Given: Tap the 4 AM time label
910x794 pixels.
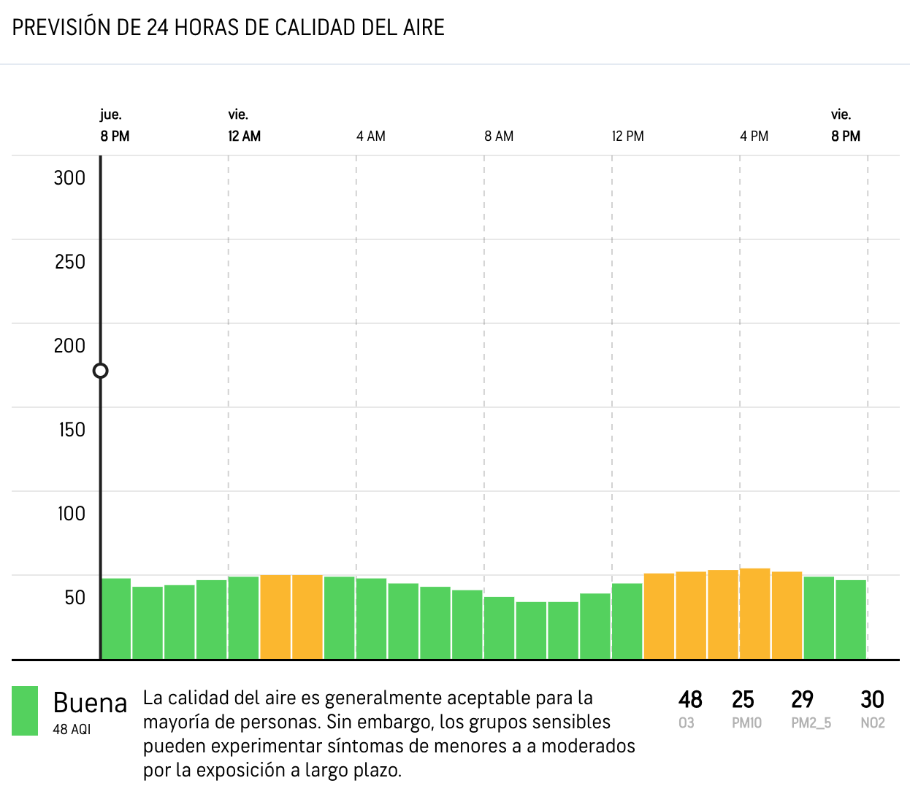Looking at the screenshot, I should (x=371, y=136).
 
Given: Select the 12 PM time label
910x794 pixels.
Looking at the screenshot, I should (x=628, y=136).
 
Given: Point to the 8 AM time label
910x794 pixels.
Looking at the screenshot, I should (x=499, y=136).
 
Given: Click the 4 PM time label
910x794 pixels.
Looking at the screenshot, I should (x=754, y=136).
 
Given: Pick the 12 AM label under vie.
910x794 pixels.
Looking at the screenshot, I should (x=245, y=136).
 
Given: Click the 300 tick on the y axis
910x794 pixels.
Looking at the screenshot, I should (x=69, y=178).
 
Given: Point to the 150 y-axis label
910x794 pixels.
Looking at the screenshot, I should (x=72, y=430).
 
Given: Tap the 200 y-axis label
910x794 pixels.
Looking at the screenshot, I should (x=69, y=346).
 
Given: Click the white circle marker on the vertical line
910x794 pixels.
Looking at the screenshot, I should (x=101, y=371).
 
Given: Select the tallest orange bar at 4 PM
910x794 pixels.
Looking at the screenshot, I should (x=755, y=614).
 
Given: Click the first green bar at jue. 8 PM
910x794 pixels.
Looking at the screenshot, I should (x=116, y=619).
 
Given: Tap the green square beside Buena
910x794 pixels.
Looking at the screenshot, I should (x=25, y=711).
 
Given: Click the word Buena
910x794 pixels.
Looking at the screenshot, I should (x=91, y=704).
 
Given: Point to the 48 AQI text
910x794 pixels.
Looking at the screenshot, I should (x=72, y=729).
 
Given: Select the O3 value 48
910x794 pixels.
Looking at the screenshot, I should (x=690, y=700).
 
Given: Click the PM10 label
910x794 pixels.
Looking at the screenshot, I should (x=746, y=723).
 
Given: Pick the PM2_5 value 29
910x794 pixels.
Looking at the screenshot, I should (x=802, y=700).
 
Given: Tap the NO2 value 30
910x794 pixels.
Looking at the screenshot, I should (x=873, y=700).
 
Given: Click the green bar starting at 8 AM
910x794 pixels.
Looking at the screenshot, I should (x=500, y=628).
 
